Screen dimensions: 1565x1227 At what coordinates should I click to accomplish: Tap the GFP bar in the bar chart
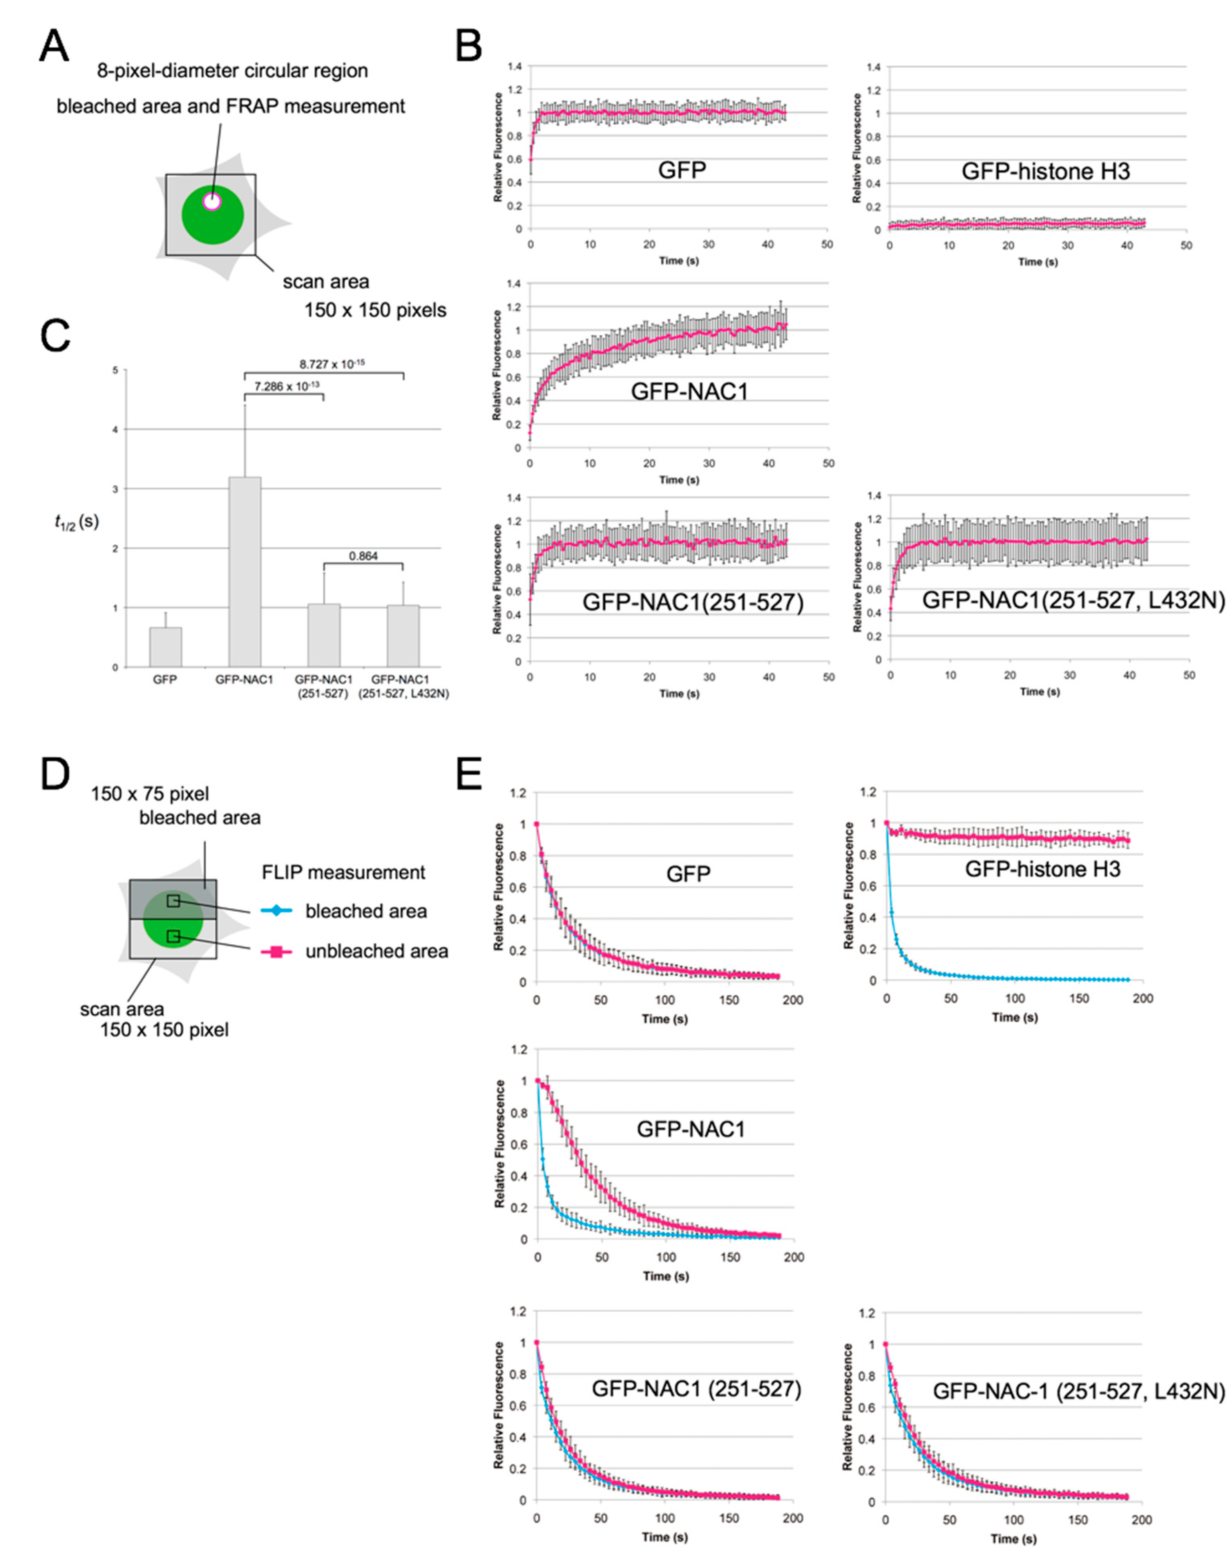click(165, 646)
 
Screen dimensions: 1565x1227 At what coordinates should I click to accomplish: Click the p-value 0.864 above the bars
click(364, 555)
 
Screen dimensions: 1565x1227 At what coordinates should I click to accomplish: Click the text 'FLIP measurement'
click(344, 872)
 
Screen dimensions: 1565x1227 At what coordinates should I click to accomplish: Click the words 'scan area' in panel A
click(326, 282)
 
